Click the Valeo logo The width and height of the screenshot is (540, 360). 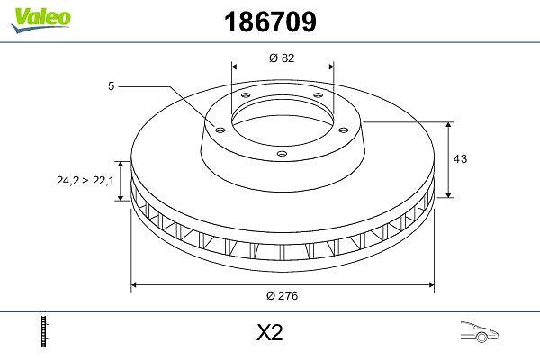tap(41, 20)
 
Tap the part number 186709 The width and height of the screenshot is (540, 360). tap(270, 22)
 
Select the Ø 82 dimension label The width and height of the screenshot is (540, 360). tap(282, 58)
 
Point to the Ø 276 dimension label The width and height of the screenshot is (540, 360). tap(282, 295)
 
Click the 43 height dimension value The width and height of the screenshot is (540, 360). tap(460, 158)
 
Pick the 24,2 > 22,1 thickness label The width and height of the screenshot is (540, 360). tap(85, 180)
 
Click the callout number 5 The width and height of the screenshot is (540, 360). tap(111, 86)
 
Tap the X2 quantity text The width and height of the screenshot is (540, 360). tap(270, 332)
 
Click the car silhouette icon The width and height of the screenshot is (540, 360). tap(480, 331)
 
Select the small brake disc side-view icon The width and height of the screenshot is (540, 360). tap(45, 331)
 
